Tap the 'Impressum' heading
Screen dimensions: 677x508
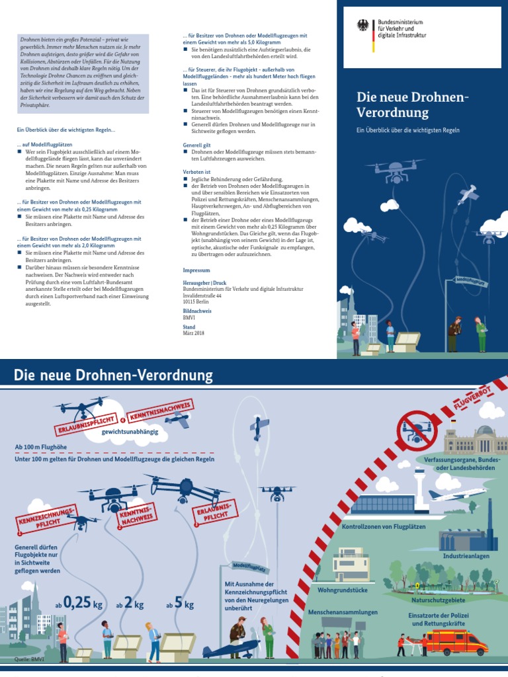pos(196,270)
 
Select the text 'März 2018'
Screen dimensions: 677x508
pos(195,333)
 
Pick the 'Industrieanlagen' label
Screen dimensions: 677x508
pos(466,556)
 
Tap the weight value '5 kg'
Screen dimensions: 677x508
pos(185,604)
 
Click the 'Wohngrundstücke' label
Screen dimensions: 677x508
pos(343,588)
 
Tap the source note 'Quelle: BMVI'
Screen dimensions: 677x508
pos(28,659)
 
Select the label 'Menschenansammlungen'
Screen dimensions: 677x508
pos(343,612)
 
